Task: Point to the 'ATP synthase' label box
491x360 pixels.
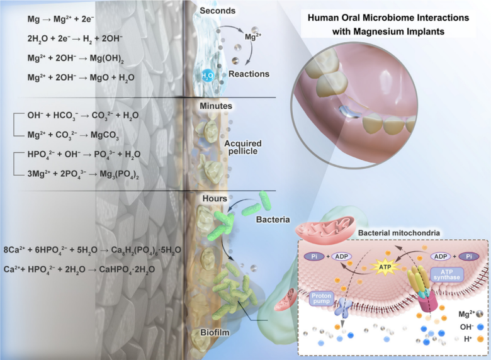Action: (x=448, y=273)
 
